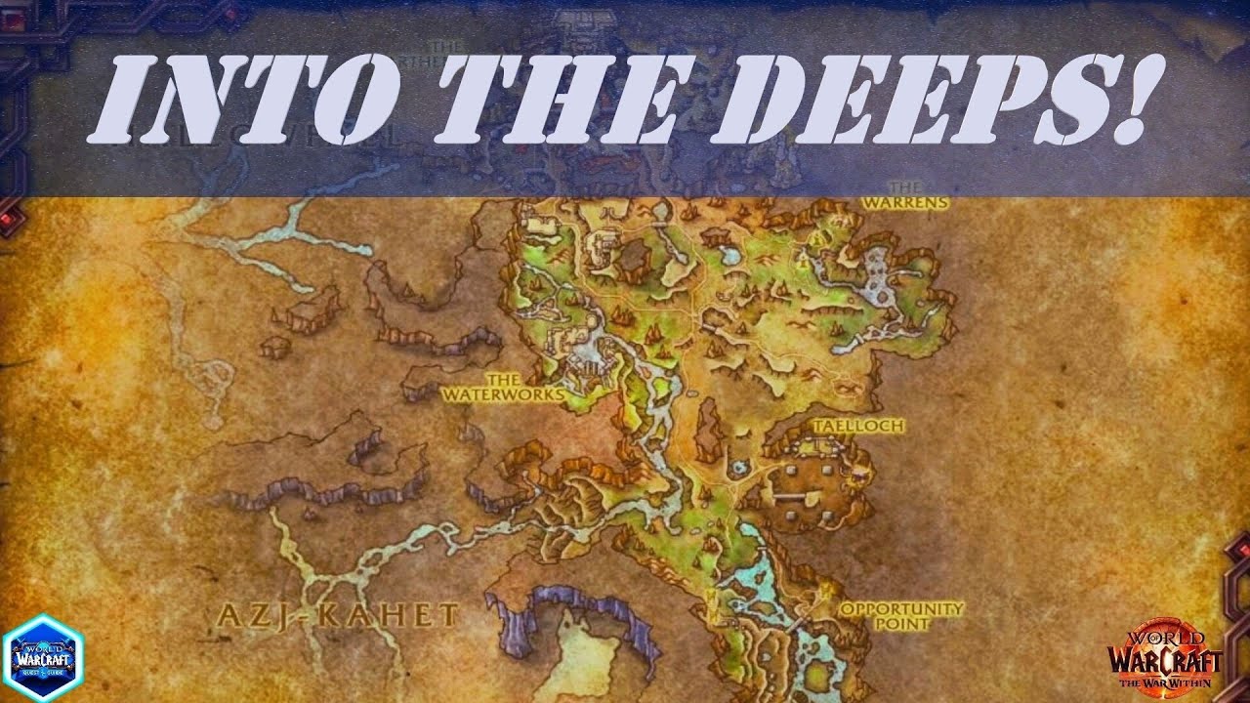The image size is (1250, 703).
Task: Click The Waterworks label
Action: [x=502, y=388]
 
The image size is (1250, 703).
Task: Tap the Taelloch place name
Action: [x=858, y=427]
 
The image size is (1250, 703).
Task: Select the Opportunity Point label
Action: [x=901, y=615]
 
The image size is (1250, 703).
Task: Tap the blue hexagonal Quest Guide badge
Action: [x=43, y=658]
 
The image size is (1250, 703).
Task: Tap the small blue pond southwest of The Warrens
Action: [x=729, y=256]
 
